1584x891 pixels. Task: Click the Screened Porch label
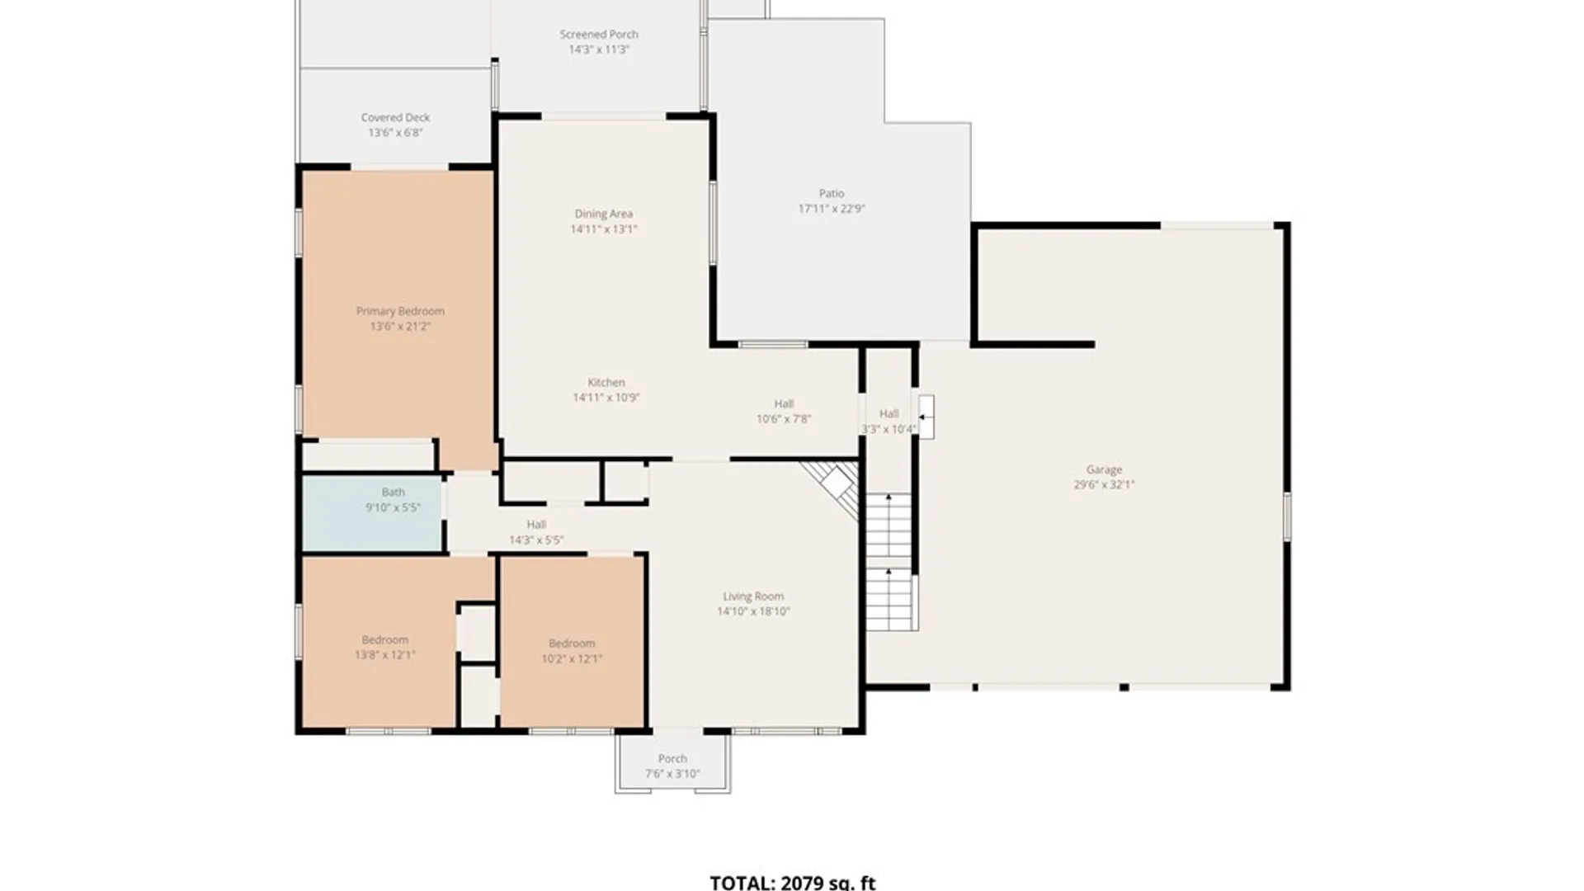599,35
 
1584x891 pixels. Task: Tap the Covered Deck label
395,118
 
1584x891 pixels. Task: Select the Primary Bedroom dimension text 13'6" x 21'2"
400,327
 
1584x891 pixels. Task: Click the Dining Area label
604,214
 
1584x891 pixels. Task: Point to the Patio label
832,194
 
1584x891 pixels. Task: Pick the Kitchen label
606,383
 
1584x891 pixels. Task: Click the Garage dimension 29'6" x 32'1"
1104,485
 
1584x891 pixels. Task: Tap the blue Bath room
373,513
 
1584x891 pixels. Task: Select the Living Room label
753,596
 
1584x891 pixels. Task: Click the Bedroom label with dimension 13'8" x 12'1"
385,640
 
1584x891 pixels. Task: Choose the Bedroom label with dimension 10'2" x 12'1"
572,643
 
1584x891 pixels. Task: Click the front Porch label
672,759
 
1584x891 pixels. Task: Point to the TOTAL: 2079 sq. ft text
793,883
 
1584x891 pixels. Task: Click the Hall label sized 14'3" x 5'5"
536,525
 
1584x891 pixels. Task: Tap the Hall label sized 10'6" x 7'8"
784,404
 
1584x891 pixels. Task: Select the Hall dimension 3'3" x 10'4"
889,430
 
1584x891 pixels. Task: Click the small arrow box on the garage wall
926,417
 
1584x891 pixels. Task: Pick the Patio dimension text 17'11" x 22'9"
832,210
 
